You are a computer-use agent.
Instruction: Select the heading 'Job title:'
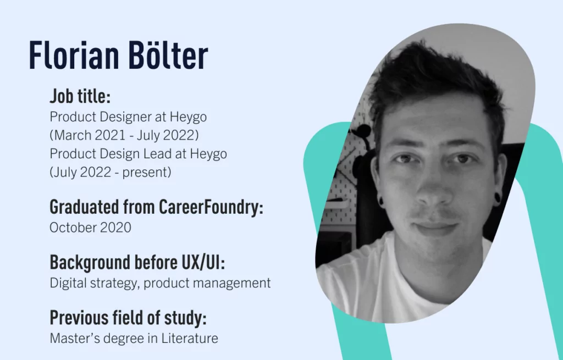click(80, 97)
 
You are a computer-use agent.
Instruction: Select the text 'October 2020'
click(90, 228)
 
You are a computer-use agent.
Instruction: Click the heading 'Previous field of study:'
click(128, 318)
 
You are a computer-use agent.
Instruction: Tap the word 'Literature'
click(189, 338)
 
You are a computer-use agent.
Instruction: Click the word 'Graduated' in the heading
click(84, 207)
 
